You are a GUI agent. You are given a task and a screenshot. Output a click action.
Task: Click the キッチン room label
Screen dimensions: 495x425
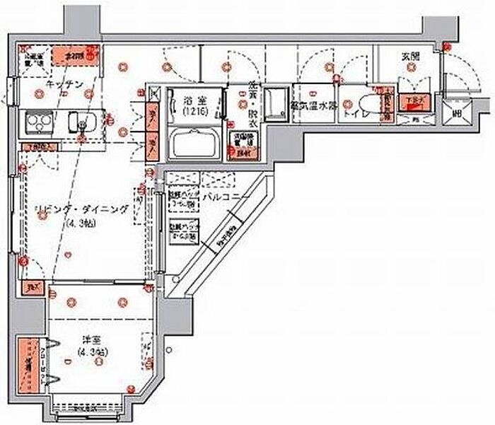coord(65,85)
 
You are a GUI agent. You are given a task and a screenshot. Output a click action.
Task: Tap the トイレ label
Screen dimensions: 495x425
coord(353,112)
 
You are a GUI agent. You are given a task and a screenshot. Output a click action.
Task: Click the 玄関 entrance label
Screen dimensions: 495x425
coord(411,57)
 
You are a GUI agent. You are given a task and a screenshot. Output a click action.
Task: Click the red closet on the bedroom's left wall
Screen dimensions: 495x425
coord(27,366)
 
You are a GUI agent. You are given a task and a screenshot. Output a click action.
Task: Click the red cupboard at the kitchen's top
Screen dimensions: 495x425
coord(74,55)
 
